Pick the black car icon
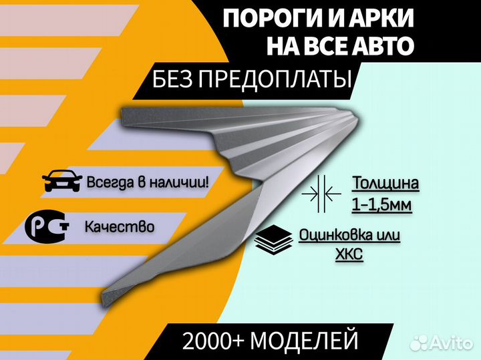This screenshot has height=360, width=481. tap(62, 180)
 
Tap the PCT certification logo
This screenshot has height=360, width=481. tap(47, 226)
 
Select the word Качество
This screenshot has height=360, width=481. tap(120, 227)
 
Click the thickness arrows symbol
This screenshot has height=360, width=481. tap(321, 194)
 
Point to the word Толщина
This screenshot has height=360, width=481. tap(385, 184)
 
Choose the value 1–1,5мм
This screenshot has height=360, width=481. tap(381, 204)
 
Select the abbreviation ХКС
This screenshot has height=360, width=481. tap(349, 254)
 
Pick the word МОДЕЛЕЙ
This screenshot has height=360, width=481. tap(305, 340)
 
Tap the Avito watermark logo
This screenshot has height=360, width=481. tap(442, 343)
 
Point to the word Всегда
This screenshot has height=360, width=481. tap(111, 182)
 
